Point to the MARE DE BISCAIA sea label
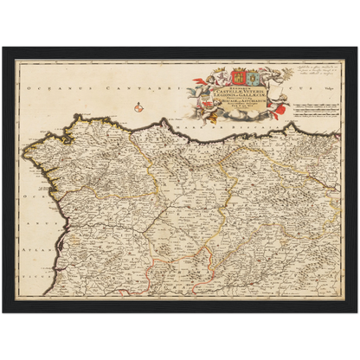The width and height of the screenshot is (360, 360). pyautogui.click(x=204, y=129)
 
